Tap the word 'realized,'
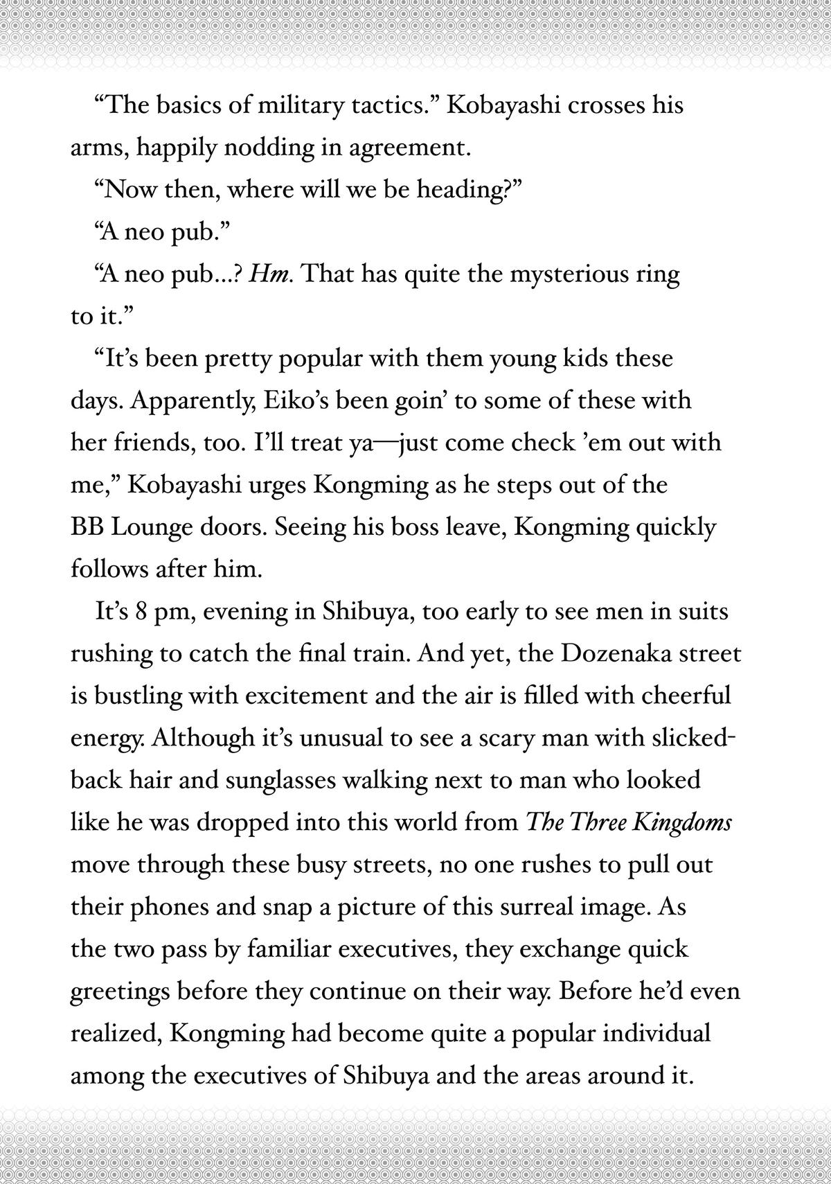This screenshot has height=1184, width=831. pos(116,1034)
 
